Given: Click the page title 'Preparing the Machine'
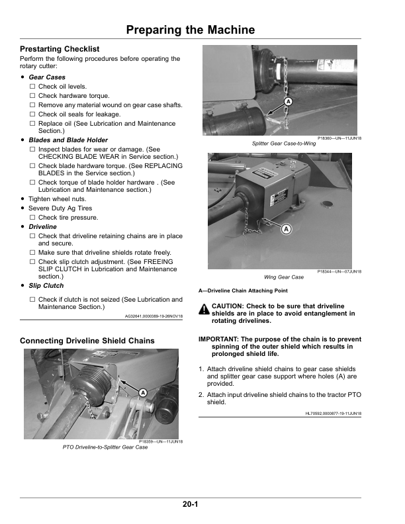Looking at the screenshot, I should coord(190,30).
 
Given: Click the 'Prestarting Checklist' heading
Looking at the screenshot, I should coord(60,50).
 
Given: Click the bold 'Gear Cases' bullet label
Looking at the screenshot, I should coord(47,77).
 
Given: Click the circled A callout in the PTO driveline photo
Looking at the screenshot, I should coord(142,392).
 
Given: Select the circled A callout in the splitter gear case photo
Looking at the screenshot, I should coord(288,101).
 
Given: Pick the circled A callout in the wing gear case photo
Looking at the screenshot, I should coord(286,229).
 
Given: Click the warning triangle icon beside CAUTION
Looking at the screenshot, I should coord(204,308).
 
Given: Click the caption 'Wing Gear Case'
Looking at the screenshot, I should coord(284,277).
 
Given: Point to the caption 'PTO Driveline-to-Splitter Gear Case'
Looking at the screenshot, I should coord(105,448).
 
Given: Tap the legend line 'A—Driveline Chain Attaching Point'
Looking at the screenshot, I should coord(243,290).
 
